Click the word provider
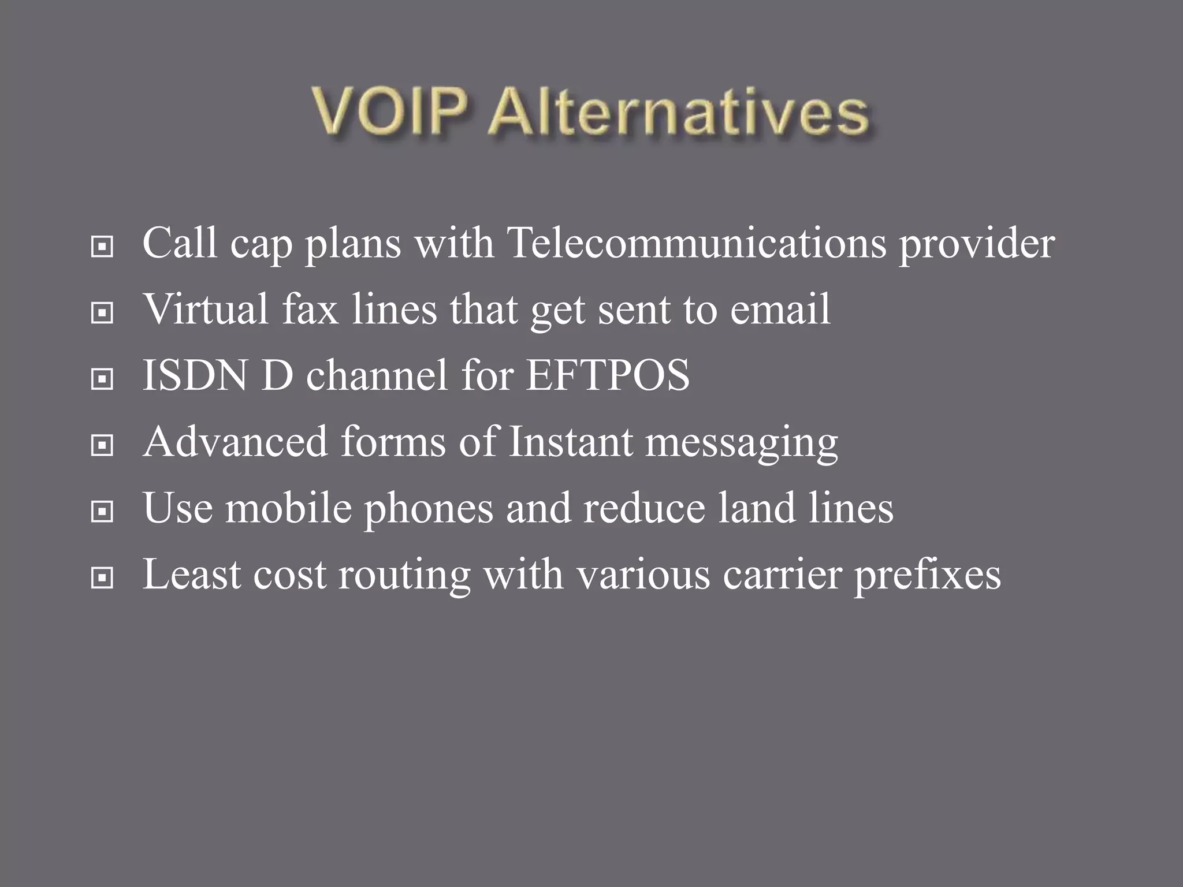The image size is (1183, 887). point(977,245)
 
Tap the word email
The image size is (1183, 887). point(780,309)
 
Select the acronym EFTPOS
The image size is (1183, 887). point(608,375)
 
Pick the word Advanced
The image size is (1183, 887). point(236,442)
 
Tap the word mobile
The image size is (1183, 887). point(288,508)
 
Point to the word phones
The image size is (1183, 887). point(429,509)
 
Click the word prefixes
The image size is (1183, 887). point(928,576)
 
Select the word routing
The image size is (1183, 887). point(404,576)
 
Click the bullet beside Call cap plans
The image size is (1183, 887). point(102,248)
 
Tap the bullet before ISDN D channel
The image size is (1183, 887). point(102,379)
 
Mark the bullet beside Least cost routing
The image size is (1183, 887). point(102,577)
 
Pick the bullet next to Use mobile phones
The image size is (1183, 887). point(102,512)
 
